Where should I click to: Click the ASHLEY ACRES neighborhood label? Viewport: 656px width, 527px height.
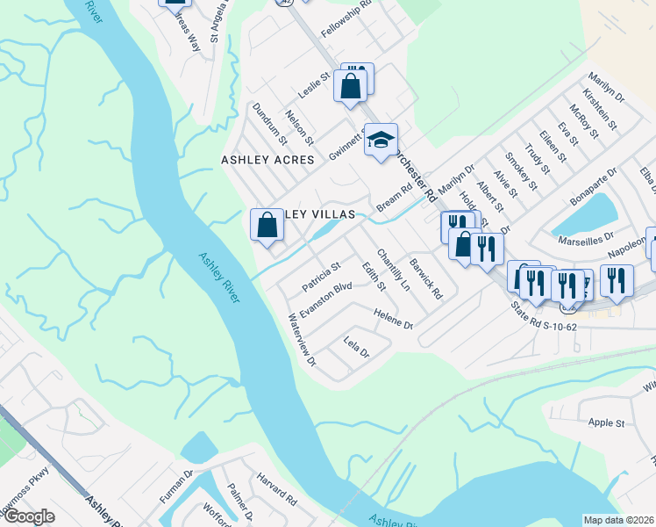tap(267, 160)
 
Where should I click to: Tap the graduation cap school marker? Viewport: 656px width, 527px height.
tap(381, 140)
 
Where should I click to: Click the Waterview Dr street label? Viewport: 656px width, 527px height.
tap(302, 340)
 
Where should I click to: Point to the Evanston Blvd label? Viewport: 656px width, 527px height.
tap(325, 300)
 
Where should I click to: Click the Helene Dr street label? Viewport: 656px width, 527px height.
tap(392, 319)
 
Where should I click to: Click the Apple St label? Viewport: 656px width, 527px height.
tap(606, 422)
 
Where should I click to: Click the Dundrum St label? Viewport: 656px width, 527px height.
tap(269, 122)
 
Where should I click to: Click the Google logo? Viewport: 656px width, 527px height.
tap(28, 516)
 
